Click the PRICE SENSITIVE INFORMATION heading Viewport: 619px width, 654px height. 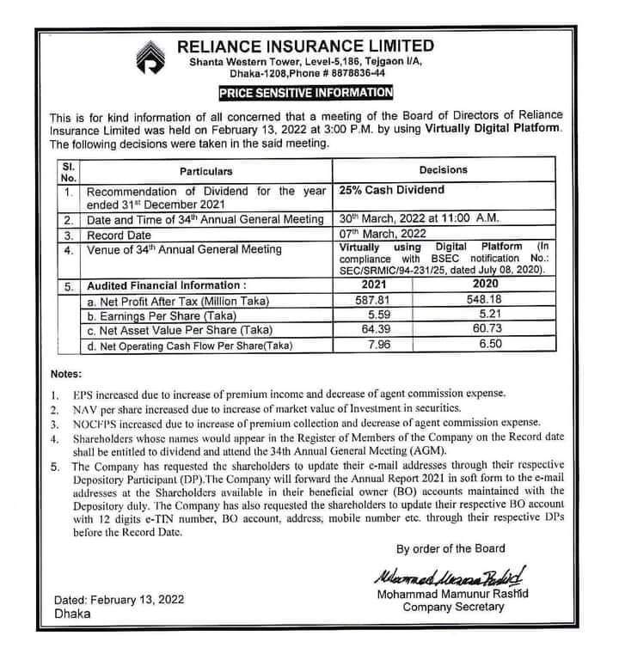coord(305,92)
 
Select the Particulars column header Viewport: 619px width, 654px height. coord(206,170)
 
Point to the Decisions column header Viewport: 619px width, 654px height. coord(444,169)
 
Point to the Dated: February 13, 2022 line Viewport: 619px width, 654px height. coord(118,600)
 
